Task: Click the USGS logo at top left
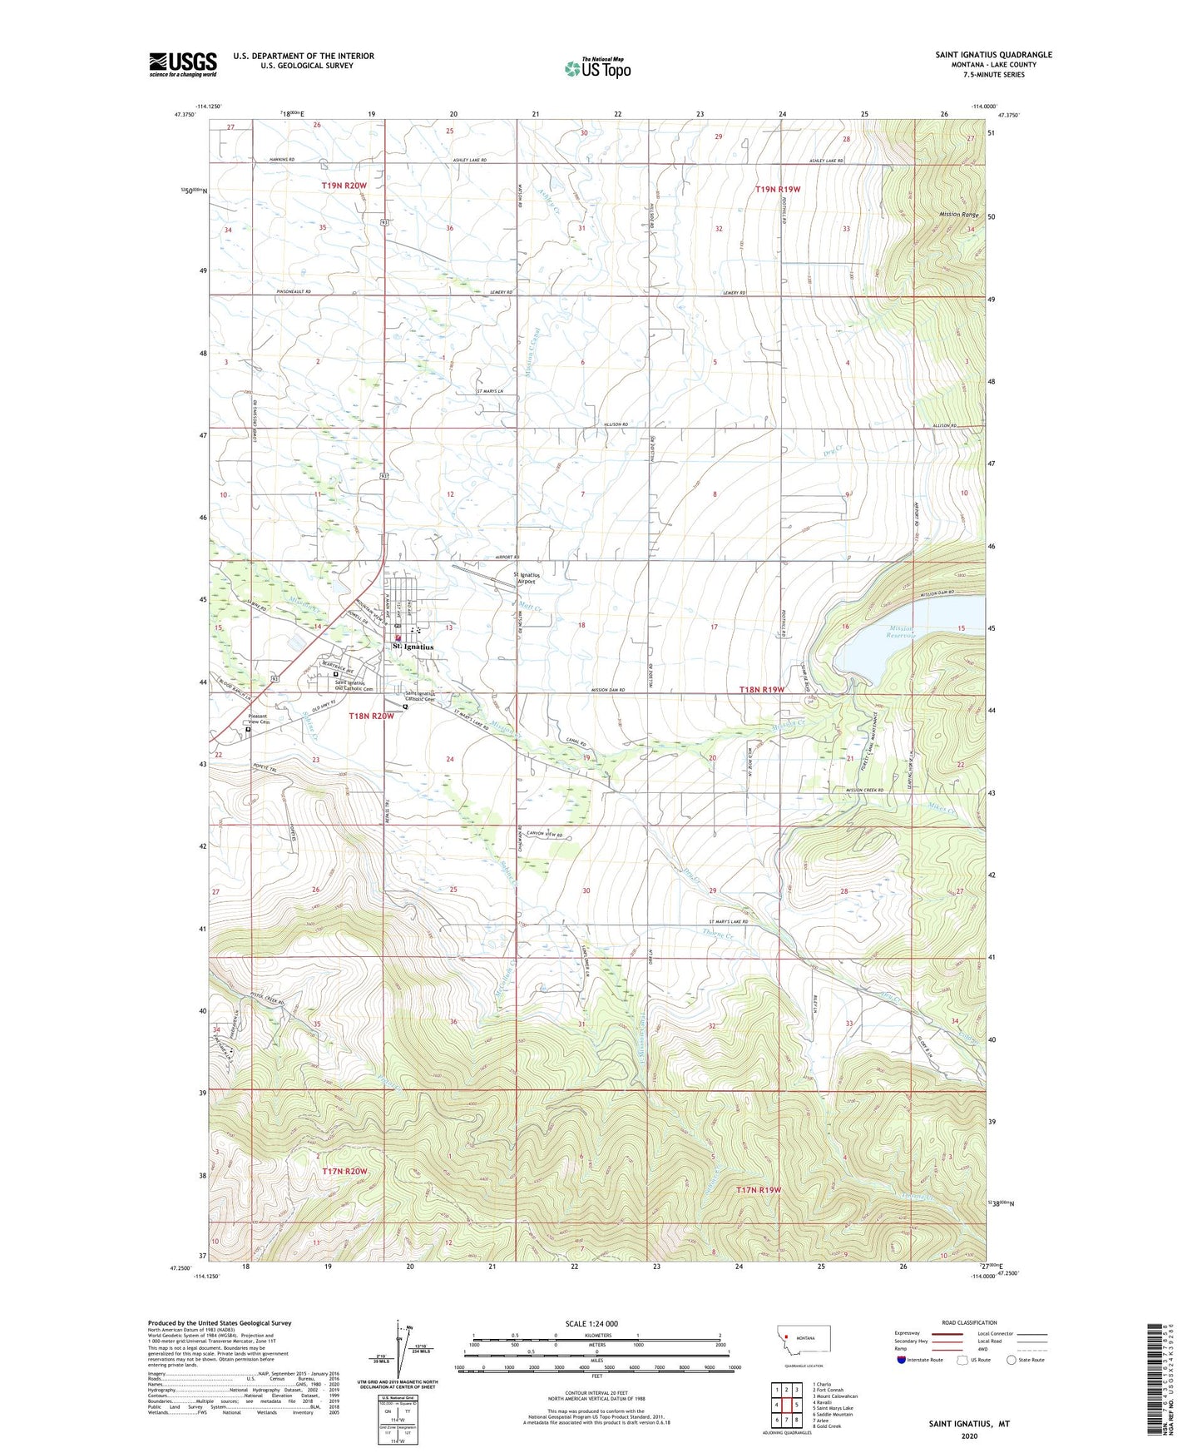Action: coord(183,64)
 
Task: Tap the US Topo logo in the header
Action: coord(596,68)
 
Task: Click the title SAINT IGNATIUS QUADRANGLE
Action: coord(993,55)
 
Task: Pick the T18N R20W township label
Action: coord(371,716)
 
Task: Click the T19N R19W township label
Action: coord(777,190)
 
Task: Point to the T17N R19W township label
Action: coord(759,1190)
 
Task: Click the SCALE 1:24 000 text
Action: coord(591,1324)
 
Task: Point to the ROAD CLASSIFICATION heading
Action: coord(969,1322)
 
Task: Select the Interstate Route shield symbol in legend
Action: coord(902,1360)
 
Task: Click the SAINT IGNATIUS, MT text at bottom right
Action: coord(969,1424)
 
